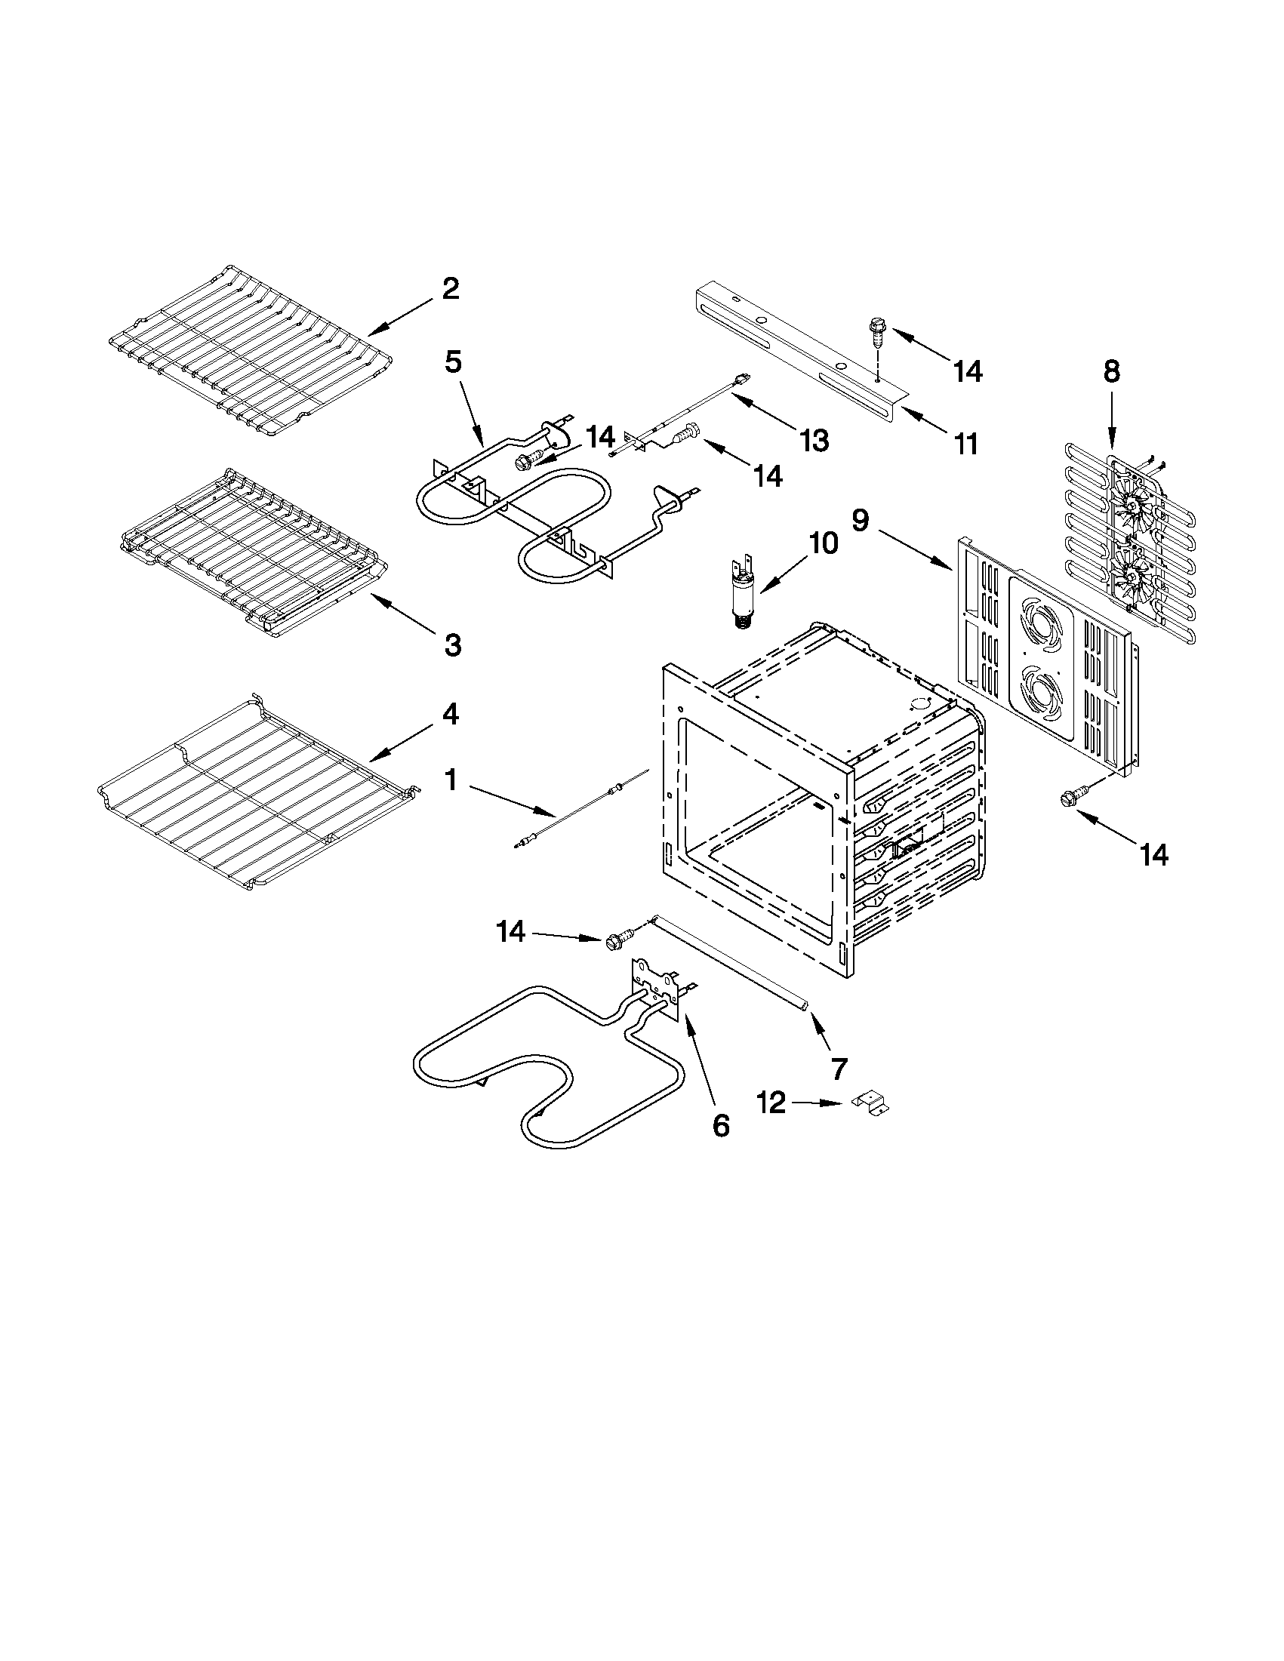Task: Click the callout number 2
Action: (451, 289)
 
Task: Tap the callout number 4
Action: (451, 714)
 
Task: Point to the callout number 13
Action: (814, 439)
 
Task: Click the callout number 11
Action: (966, 444)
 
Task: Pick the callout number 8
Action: (1111, 371)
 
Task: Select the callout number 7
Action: (838, 1069)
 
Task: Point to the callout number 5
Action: (453, 362)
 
